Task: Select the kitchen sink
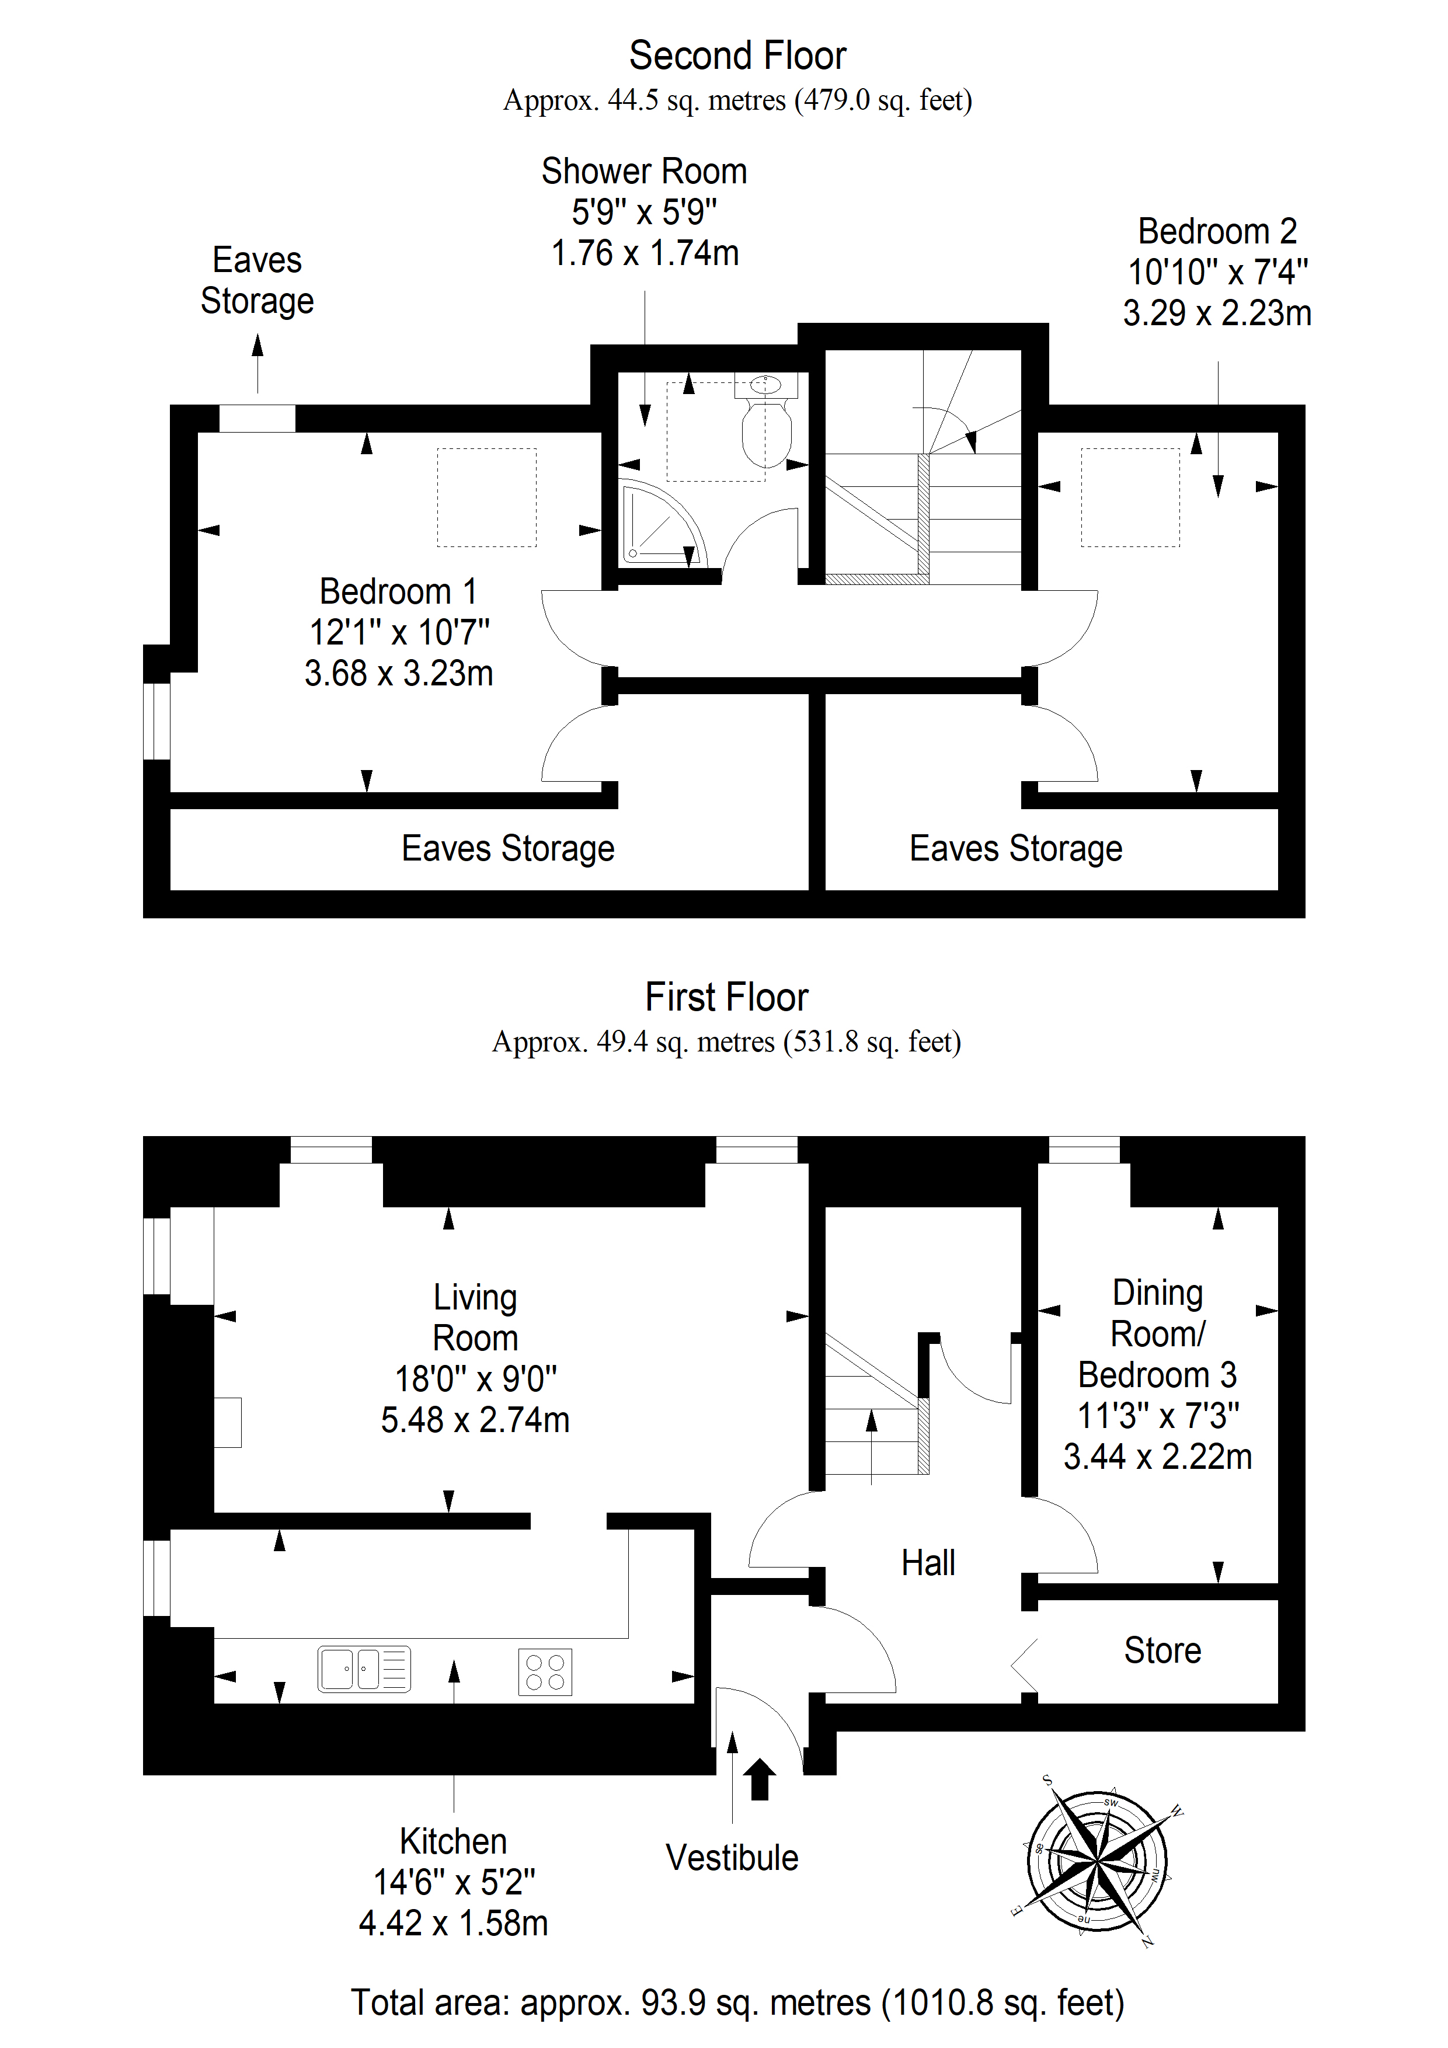[x=364, y=1669]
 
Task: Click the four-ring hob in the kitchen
[x=545, y=1671]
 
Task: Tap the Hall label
[x=928, y=1563]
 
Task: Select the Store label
[x=1162, y=1650]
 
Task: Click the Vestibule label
[x=732, y=1858]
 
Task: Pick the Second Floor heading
[x=738, y=55]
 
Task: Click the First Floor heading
[x=726, y=997]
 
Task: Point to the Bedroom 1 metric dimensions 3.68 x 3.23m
[x=399, y=674]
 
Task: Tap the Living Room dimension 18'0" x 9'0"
[x=475, y=1379]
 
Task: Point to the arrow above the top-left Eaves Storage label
[x=258, y=363]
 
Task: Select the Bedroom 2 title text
[x=1217, y=231]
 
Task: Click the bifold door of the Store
[x=1024, y=1664]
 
